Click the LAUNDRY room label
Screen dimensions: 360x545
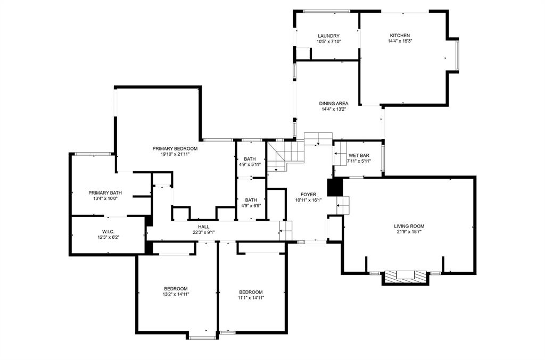coord(328,36)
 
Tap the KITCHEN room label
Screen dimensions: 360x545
coord(400,35)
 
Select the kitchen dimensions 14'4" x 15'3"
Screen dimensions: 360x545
coord(400,41)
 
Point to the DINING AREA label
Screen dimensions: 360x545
coord(334,103)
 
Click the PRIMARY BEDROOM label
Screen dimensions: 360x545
coord(175,148)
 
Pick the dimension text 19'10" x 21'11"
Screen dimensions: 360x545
coord(175,154)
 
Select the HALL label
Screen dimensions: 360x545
coord(196,227)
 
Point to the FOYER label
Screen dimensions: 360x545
coord(309,195)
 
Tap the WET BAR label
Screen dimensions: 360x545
coord(358,155)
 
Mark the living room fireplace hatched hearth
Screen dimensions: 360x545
coord(406,276)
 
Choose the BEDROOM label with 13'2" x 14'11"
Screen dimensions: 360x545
coord(175,289)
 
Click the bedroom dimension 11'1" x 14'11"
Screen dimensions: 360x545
coord(251,298)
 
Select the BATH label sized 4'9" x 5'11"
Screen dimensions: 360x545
coord(250,158)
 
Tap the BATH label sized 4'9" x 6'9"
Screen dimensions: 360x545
coord(250,199)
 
